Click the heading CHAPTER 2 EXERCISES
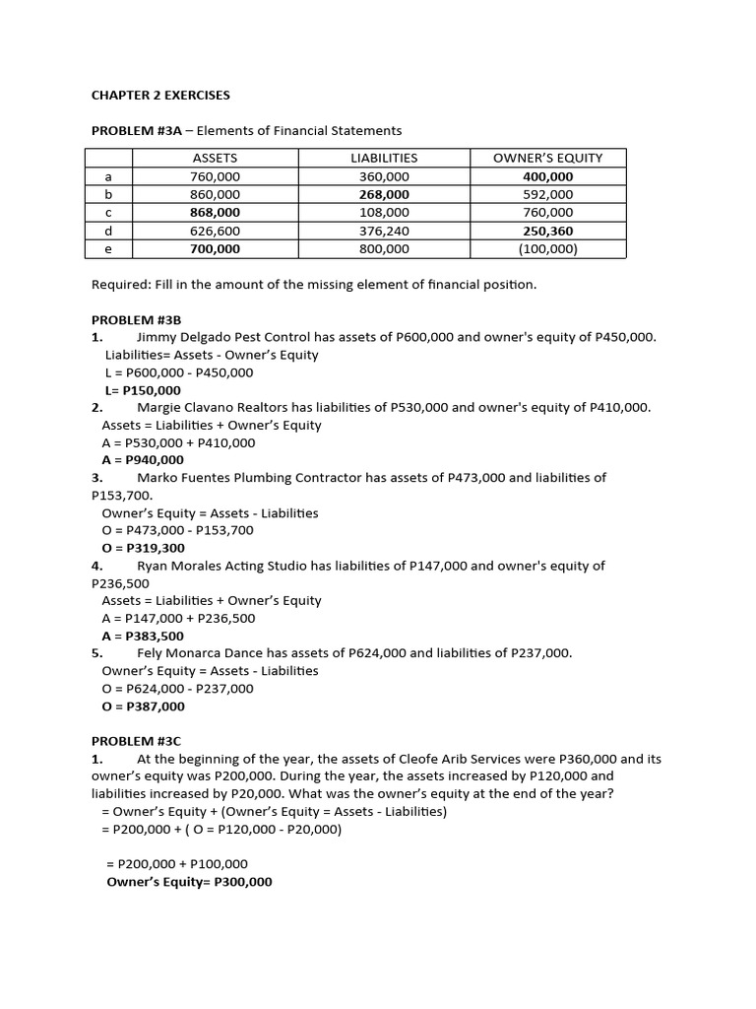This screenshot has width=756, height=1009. point(160,96)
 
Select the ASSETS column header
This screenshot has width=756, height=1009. point(215,158)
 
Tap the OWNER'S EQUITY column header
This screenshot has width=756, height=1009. point(547,158)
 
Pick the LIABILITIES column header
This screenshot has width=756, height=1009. point(384,158)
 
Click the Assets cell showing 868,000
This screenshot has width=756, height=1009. point(215,213)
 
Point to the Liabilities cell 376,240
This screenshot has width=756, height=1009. point(384,231)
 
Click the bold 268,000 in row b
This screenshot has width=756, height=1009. point(384,195)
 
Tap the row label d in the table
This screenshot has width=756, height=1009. point(108,231)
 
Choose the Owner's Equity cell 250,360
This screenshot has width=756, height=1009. point(547,231)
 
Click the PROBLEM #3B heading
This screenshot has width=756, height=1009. point(137,320)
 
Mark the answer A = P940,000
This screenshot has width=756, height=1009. point(143,460)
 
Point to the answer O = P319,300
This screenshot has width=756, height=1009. point(144,548)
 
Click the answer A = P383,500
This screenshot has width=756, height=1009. point(143,636)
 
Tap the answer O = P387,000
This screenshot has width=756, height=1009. point(144,706)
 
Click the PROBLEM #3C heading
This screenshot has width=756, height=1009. point(137,741)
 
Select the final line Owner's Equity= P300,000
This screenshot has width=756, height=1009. point(189,882)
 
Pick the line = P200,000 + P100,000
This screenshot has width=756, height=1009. point(177,864)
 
